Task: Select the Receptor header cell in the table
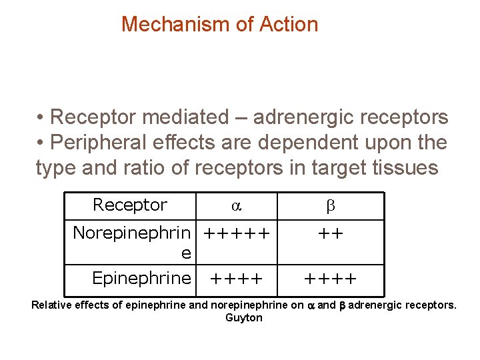[x=130, y=205]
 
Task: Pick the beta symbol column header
[x=331, y=207]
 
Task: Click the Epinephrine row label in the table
[x=141, y=278]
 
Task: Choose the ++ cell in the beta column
[x=331, y=234]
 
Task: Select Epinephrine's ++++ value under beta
[x=331, y=278]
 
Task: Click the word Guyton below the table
[x=244, y=318]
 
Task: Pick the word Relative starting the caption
[x=51, y=306]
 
